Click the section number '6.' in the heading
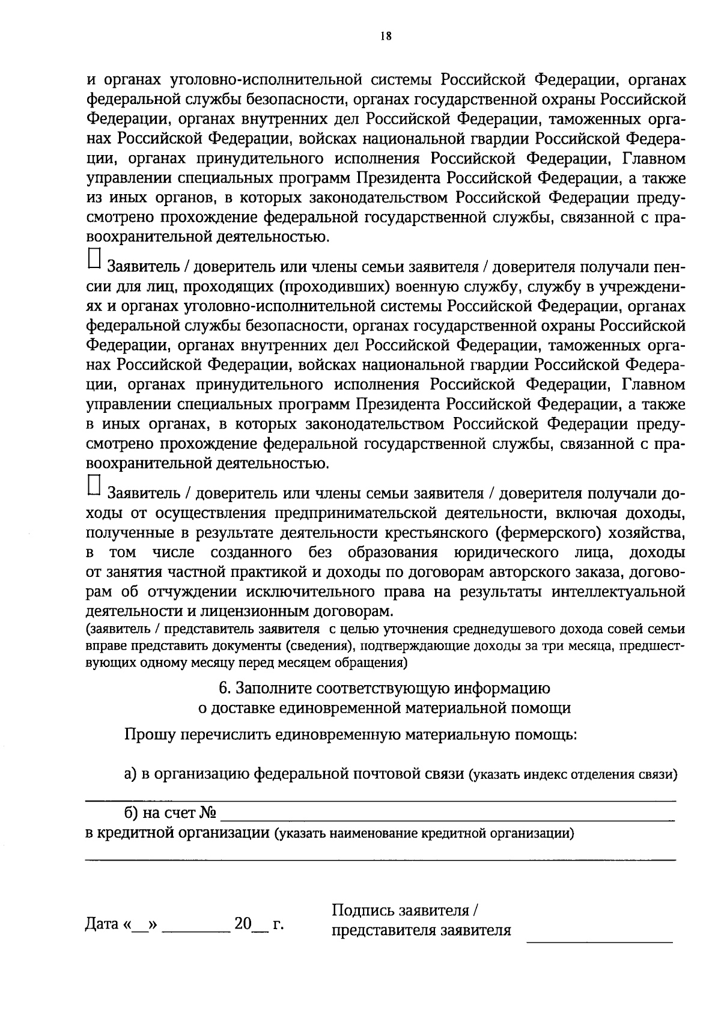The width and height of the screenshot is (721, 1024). pos(225,687)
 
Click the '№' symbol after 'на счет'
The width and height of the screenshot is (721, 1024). pos(207,813)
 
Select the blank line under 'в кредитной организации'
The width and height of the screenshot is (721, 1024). pos(380,859)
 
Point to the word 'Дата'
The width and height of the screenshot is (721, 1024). pos(103,924)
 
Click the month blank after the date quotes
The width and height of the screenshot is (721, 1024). pos(196,928)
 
